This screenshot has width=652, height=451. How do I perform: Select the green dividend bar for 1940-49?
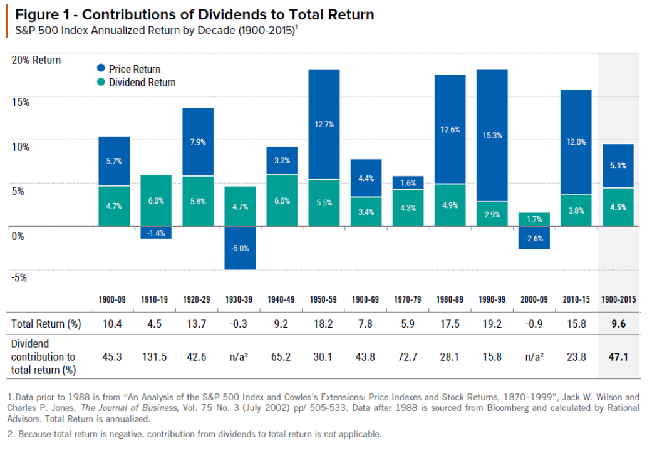pos(282,200)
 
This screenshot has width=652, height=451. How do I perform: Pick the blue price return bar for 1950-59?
pos(324,124)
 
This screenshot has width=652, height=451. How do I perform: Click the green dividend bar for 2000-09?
pos(534,219)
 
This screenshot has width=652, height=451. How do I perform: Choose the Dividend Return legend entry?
pos(136,83)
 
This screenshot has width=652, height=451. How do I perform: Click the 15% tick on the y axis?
pos(20,102)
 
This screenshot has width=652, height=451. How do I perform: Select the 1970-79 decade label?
pos(408,299)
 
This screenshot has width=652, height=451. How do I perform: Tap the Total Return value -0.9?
pos(534,324)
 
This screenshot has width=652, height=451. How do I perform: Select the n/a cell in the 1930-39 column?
pos(240,356)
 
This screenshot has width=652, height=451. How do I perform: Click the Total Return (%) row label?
pos(48,324)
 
